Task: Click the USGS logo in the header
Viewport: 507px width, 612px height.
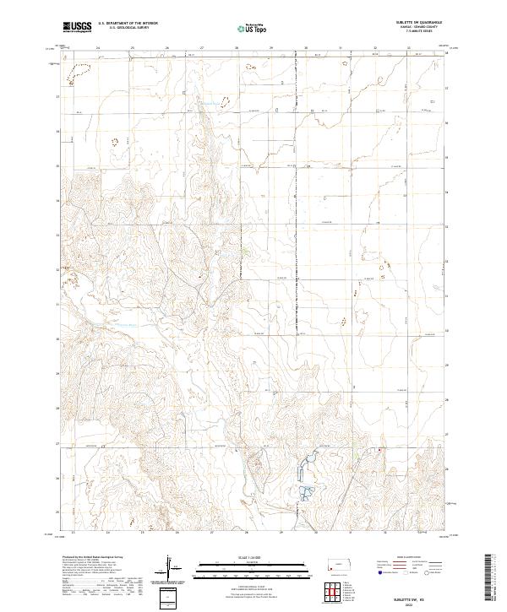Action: (78, 28)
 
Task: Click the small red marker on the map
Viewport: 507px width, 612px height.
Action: (380, 450)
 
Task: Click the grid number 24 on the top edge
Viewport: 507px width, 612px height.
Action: (98, 48)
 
